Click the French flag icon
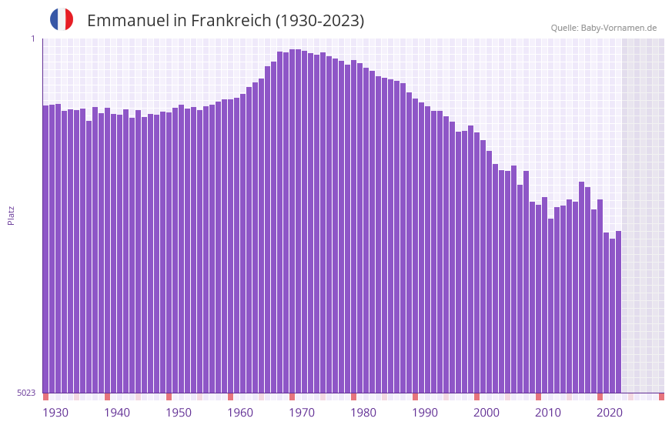point(62,19)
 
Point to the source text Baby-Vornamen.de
point(618,28)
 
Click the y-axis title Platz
point(11,215)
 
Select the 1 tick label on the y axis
point(32,38)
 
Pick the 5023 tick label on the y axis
point(26,393)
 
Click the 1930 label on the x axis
point(55,413)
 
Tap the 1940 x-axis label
point(117,413)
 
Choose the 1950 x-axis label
point(179,413)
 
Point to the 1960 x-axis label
point(240,413)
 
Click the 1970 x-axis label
point(302,413)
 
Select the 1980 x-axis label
point(363,413)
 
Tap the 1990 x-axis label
point(425,413)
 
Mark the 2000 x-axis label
point(486,413)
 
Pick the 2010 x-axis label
point(548,413)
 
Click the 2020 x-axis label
point(610,413)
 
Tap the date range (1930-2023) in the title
point(319,21)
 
